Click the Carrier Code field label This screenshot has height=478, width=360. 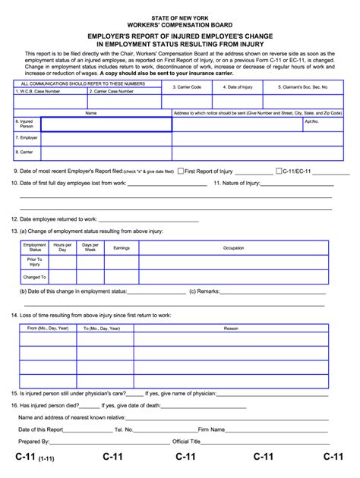tap(187, 86)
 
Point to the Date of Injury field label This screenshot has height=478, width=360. tap(237, 86)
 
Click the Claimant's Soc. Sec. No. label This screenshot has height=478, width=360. tap(303, 86)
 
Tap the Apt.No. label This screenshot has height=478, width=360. tap(311, 121)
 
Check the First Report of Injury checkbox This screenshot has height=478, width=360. tap(180, 171)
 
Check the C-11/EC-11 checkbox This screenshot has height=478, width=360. tap(279, 171)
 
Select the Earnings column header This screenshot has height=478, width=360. tap(122, 248)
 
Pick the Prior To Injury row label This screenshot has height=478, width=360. tap(35, 262)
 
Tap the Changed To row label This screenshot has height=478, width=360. tap(35, 277)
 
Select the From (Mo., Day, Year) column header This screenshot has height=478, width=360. tap(48, 329)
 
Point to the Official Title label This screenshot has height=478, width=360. tap(187, 441)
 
